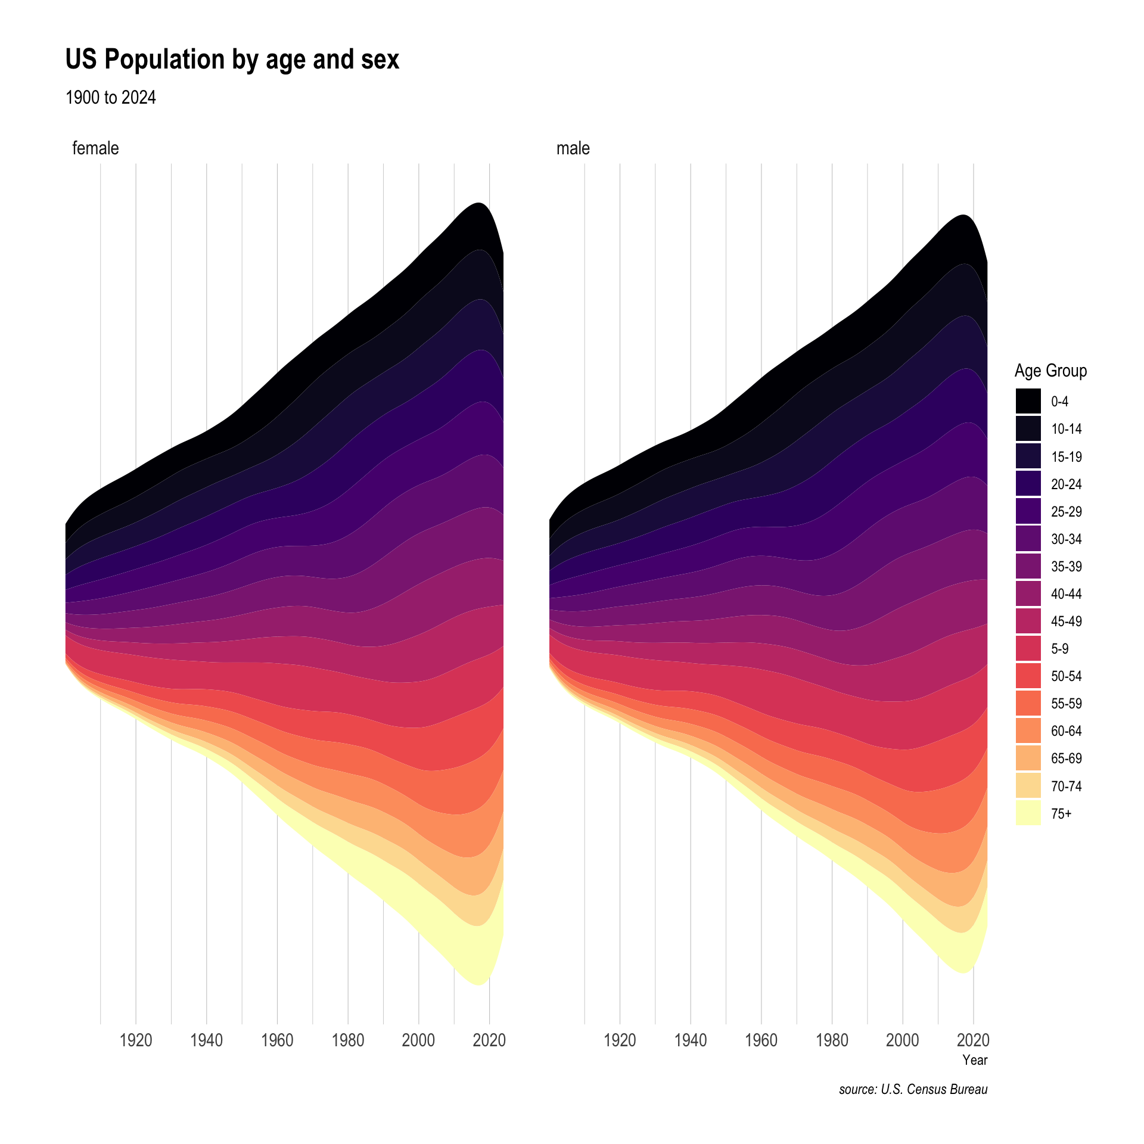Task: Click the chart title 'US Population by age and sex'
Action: coord(232,60)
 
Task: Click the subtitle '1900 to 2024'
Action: coord(111,97)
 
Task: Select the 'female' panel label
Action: coord(95,148)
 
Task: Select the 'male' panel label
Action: coord(573,148)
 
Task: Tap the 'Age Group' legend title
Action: coord(1050,371)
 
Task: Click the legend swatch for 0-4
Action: coord(1028,401)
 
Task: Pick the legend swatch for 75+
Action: coord(1028,813)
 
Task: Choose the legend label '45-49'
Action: coord(1066,621)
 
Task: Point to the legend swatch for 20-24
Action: coord(1028,484)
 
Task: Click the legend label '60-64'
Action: coord(1066,731)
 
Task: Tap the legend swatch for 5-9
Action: coord(1028,649)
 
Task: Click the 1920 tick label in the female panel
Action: coord(136,1040)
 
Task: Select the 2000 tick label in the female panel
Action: coord(418,1040)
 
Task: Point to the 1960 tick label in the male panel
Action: coord(761,1040)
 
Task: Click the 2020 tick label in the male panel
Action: coord(973,1040)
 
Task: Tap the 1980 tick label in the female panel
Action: coord(348,1040)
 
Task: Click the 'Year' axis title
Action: coord(975,1060)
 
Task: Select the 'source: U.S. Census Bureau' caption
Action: coord(913,1090)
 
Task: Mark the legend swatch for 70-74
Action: coord(1028,786)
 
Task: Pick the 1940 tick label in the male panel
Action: coord(691,1040)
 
